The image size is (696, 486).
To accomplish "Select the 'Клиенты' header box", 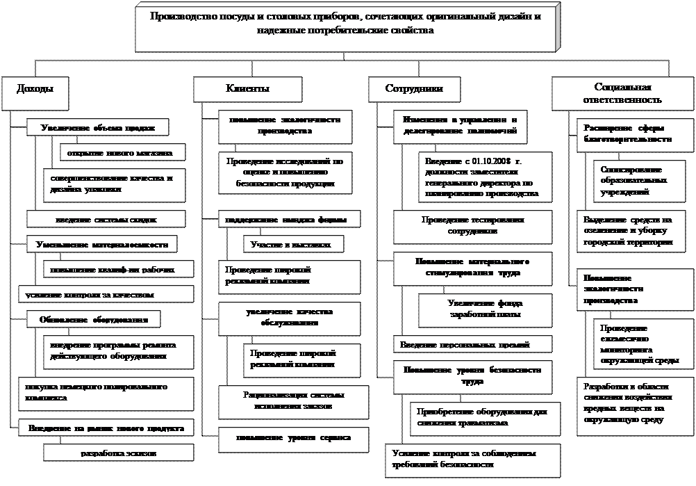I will [x=247, y=89].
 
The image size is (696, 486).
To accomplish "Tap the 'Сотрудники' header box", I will [x=414, y=89].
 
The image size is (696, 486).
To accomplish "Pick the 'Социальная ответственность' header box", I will [x=623, y=93].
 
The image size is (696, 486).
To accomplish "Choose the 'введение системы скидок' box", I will [x=106, y=219].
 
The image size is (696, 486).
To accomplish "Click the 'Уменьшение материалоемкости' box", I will [x=101, y=244].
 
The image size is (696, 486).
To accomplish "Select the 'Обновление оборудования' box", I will [x=94, y=319].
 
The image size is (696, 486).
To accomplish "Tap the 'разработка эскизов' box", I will [x=117, y=453].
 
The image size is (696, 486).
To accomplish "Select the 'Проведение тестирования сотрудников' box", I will [x=472, y=225].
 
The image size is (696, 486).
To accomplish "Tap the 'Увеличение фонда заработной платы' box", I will [x=485, y=309].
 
